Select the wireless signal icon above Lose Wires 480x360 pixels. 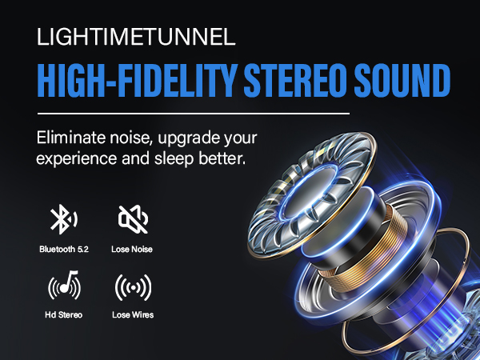click(x=133, y=286)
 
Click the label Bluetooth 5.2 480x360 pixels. click(x=64, y=249)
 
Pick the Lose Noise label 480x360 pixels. click(x=133, y=249)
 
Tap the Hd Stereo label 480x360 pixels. click(x=64, y=314)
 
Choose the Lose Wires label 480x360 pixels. click(x=133, y=314)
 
